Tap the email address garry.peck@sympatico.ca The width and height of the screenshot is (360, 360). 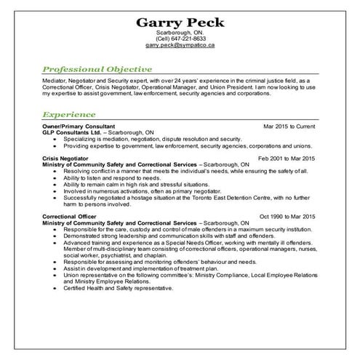[x=180, y=45]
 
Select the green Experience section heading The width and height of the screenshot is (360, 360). [x=69, y=114]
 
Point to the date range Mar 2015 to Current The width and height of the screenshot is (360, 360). [x=289, y=126]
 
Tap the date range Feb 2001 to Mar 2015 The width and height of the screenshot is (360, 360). [x=287, y=158]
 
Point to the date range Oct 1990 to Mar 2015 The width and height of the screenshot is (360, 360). [x=287, y=216]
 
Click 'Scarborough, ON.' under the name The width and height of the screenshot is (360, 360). [x=180, y=33]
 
